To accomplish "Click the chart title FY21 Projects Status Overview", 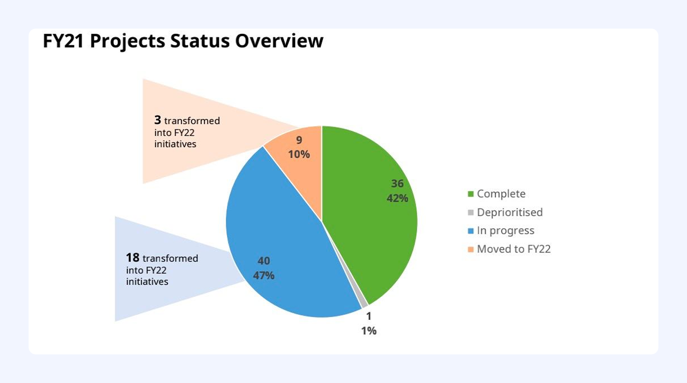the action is pos(183,41).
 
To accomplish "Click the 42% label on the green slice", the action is pos(397,198).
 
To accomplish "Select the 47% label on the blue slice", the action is pos(264,275).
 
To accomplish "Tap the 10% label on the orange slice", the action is pos(299,154).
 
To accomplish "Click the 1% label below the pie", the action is pos(369,331).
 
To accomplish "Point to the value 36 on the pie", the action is pos(397,183).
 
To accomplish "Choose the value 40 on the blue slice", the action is pos(264,261).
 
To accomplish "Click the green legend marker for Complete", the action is pos(471,194).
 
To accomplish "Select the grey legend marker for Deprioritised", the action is pos(471,213).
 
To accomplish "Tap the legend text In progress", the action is pos(506,231).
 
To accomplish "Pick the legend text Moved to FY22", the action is pos(514,249).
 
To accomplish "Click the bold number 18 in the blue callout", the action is pos(132,258).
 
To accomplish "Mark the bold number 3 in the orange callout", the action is pos(158,120).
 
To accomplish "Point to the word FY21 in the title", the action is pos(63,41).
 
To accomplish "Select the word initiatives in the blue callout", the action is pos(147,282).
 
